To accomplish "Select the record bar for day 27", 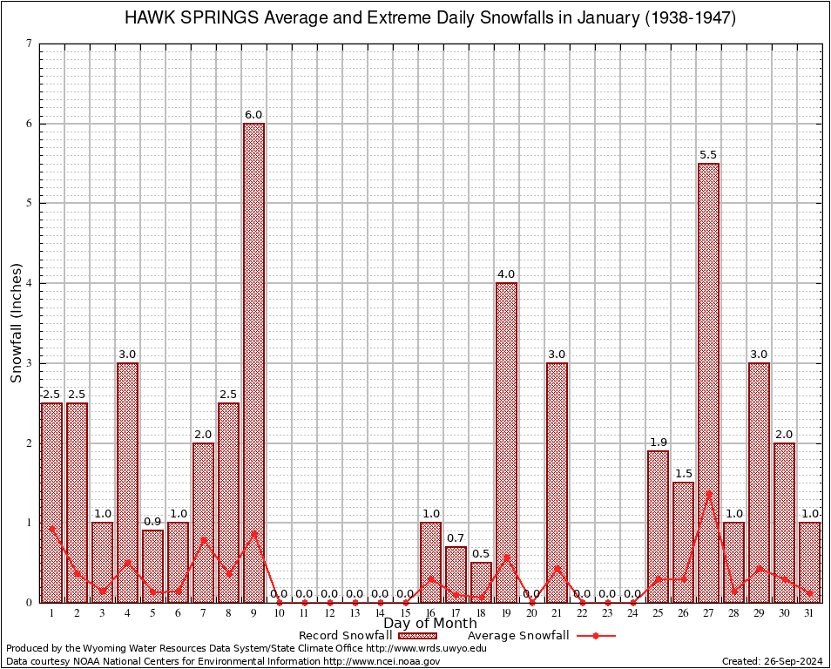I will click(x=708, y=382).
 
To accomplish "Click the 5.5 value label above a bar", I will click(x=708, y=155).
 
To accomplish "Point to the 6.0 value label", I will click(x=253, y=115).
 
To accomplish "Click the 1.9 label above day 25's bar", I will click(x=658, y=443).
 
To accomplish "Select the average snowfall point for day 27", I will click(x=708, y=493).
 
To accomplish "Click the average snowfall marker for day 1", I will click(x=52, y=528).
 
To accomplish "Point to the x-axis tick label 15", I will click(x=405, y=613).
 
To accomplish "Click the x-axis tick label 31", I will click(x=809, y=613).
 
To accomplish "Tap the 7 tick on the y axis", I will click(x=30, y=44).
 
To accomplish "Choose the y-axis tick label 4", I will click(x=30, y=283).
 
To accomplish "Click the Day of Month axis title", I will click(x=430, y=623).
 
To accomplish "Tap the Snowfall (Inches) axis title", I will click(x=16, y=322).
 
